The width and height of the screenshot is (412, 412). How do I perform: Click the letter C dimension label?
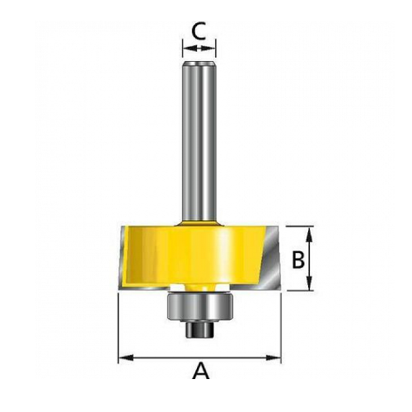coord(199,31)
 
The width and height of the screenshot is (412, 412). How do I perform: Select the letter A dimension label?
coord(200,371)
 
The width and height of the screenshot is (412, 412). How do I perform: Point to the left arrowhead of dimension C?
coord(187,50)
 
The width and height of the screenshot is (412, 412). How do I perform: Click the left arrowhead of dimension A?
coord(124,358)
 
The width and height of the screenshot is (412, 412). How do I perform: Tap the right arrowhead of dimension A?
coord(276,358)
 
